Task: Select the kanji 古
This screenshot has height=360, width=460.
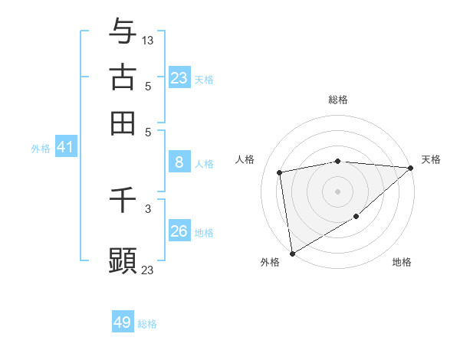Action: pyautogui.click(x=123, y=77)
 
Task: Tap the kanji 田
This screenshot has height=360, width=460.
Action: pyautogui.click(x=123, y=123)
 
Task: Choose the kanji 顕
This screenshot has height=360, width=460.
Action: pyautogui.click(x=123, y=259)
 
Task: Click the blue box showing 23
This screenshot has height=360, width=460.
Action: pyautogui.click(x=179, y=78)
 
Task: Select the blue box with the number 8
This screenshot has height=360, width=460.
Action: pyautogui.click(x=179, y=162)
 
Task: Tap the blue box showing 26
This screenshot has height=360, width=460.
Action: pyautogui.click(x=179, y=231)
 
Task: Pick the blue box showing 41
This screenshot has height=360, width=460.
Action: pyautogui.click(x=65, y=147)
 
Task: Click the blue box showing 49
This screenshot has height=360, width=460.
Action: pyautogui.click(x=123, y=322)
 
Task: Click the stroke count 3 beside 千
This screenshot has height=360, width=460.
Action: pyautogui.click(x=148, y=208)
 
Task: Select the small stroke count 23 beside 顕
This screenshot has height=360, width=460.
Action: pyautogui.click(x=148, y=269)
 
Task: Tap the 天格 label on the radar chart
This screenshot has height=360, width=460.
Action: pyautogui.click(x=431, y=159)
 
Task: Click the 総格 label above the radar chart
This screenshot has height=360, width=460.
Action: pyautogui.click(x=338, y=100)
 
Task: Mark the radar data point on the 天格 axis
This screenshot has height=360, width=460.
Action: pyautogui.click(x=411, y=168)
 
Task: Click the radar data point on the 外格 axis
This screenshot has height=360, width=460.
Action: pyautogui.click(x=292, y=253)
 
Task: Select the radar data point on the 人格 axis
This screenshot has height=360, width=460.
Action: pyautogui.click(x=281, y=172)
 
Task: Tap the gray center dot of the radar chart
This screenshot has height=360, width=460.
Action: pyautogui.click(x=338, y=191)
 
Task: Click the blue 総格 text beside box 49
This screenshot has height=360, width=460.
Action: pyautogui.click(x=147, y=324)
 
